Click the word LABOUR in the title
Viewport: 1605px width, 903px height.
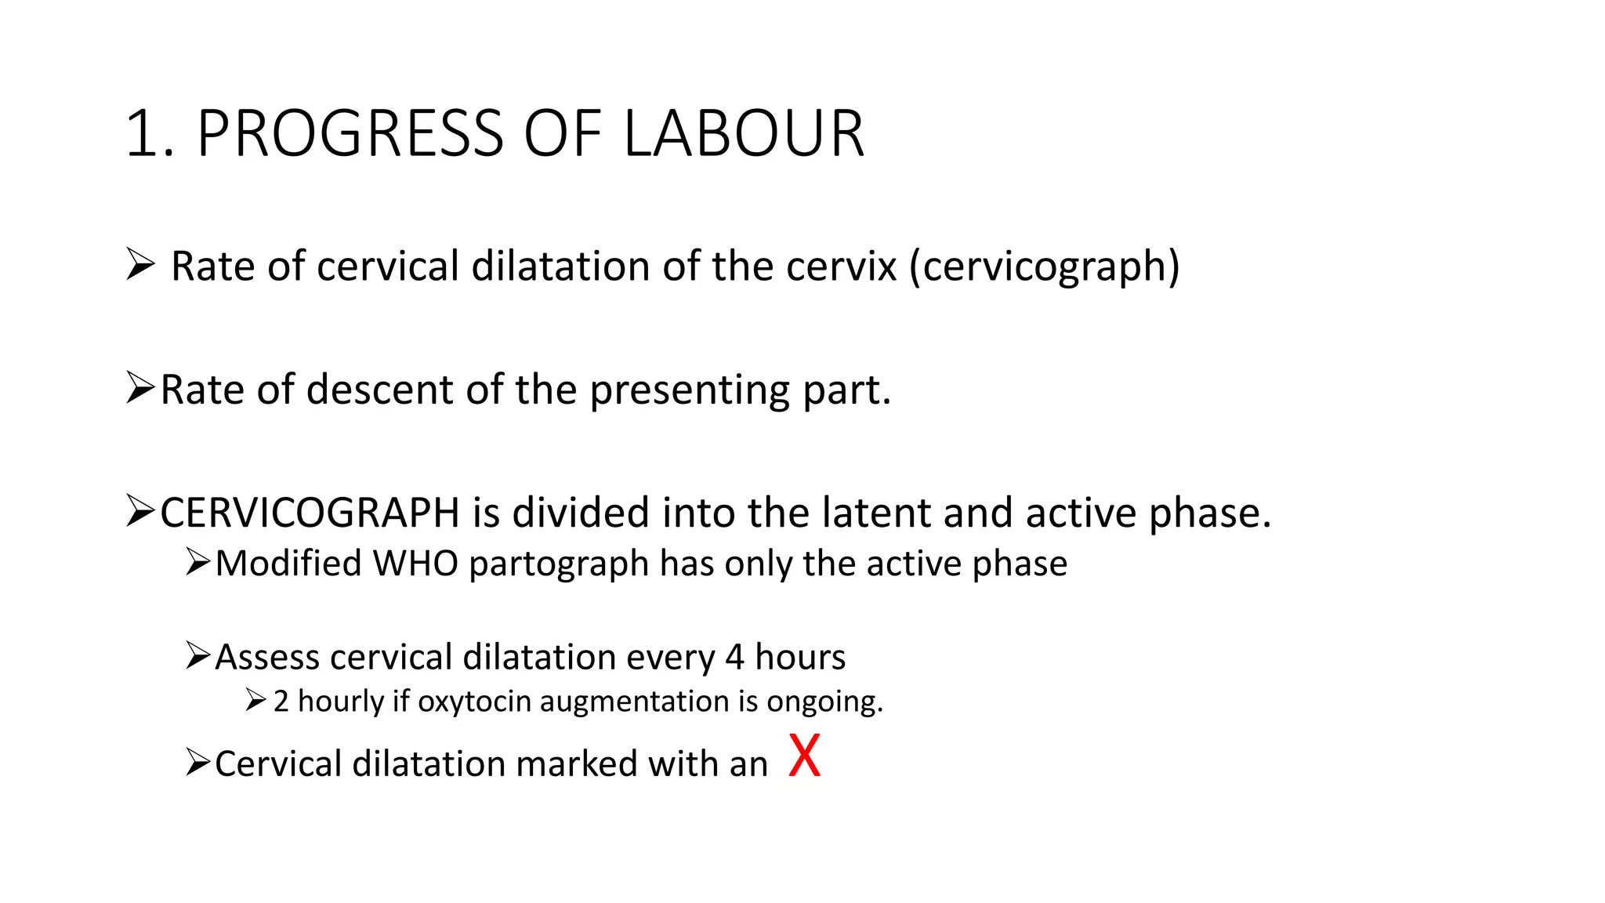point(744,134)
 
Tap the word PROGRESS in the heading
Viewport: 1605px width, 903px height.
point(350,134)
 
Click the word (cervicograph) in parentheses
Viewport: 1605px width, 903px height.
point(1044,267)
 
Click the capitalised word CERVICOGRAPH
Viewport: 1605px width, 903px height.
point(310,513)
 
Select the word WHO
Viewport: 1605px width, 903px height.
point(415,564)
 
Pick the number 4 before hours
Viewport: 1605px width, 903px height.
point(734,657)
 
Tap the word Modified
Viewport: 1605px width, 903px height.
point(288,564)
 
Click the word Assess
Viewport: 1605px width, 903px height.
point(267,657)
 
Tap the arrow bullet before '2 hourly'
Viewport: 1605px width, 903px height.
point(255,699)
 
